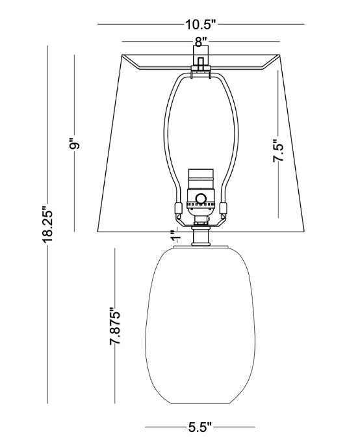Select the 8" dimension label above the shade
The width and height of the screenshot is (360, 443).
(201, 42)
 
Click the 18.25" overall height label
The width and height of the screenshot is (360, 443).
(48, 225)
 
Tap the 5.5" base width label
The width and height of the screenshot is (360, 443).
(199, 427)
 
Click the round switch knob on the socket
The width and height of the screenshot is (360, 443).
(201, 199)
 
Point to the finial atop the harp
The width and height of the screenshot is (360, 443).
(201, 64)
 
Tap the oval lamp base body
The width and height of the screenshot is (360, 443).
(200, 325)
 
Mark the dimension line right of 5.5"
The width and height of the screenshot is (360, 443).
(234, 427)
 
